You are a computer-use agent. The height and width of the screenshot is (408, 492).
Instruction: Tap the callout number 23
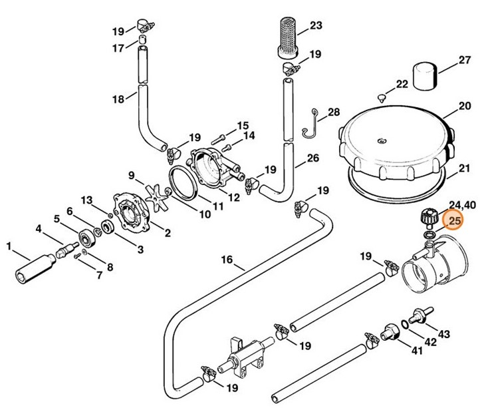coord(315,26)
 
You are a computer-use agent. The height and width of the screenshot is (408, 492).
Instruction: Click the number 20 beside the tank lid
coord(464,106)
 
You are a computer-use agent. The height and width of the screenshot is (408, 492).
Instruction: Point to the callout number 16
coord(227,259)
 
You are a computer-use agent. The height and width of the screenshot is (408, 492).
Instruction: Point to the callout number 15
coord(243,124)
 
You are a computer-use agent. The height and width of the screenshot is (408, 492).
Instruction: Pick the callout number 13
coord(87,200)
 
